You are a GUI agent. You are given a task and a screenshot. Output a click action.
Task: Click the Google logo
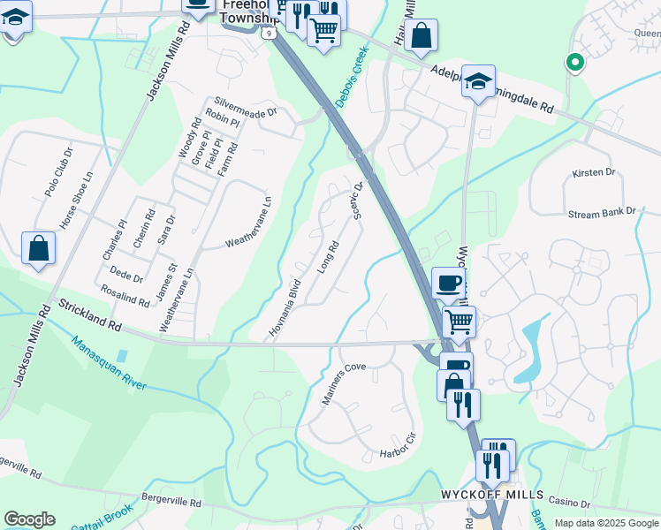point(29,519)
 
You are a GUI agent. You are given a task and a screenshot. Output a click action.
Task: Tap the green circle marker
point(574,62)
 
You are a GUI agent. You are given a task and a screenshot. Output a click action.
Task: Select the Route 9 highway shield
point(268,32)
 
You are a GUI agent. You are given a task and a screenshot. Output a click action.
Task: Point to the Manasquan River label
point(109,368)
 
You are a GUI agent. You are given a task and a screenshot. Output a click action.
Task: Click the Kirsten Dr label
point(592,173)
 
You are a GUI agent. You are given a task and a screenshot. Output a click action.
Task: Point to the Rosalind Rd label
point(125,295)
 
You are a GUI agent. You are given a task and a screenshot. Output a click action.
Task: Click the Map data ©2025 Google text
point(606,522)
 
